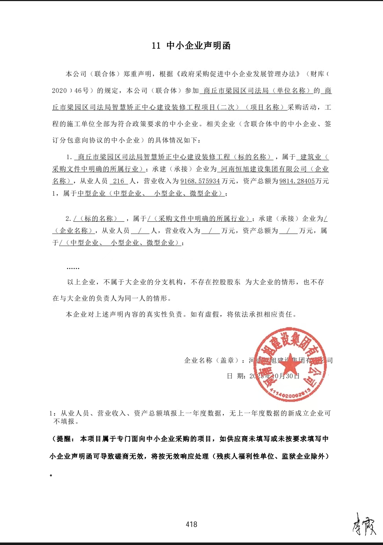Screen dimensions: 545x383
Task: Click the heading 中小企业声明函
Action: [x=199, y=45]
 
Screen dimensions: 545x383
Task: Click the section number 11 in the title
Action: [x=156, y=45]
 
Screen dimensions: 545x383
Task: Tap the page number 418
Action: [x=191, y=524]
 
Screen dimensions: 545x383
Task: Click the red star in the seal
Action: [x=290, y=363]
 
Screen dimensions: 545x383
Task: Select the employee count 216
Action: [x=118, y=181]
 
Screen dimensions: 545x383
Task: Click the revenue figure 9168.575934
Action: [x=200, y=181]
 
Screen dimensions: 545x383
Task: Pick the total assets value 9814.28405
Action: [x=297, y=181]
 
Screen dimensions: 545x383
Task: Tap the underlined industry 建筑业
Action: [x=311, y=157]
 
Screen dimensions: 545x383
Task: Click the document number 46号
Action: [x=82, y=90]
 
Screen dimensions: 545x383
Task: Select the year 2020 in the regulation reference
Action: [x=59, y=90]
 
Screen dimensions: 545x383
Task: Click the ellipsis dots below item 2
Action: [x=73, y=268]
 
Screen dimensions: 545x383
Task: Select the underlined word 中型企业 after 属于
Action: [x=91, y=193]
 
